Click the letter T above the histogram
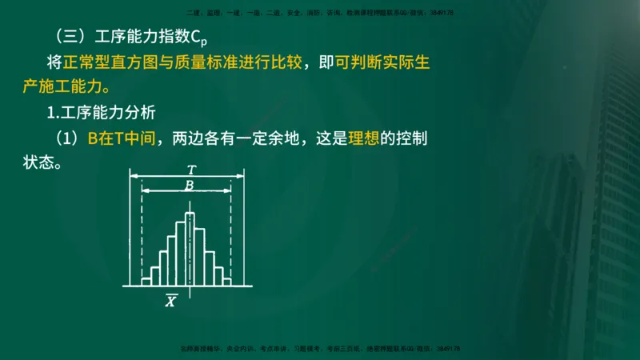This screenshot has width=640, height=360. coord(190,170)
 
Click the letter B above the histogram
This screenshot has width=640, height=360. coord(189,186)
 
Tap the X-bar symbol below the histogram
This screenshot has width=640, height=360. coord(171,301)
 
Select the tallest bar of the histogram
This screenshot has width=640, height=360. coord(190,248)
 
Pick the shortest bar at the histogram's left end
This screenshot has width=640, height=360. coord(146,281)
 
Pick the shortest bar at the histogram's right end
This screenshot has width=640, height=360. coord(226,281)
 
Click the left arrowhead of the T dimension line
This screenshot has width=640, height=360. coord(134,176)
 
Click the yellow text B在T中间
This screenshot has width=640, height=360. coord(124,138)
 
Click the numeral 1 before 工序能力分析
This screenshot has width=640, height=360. coord(51,111)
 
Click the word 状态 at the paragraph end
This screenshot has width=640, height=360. coord(38,162)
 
